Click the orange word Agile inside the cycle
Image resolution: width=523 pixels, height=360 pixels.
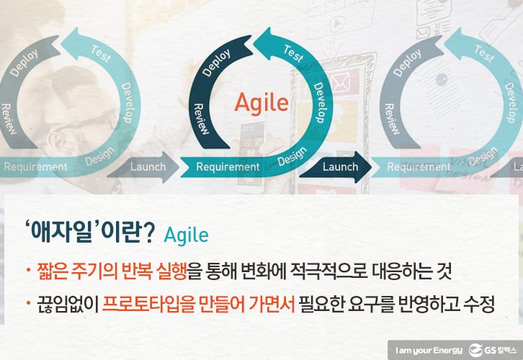coord(261,102)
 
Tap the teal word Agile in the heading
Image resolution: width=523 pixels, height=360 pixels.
coord(186,235)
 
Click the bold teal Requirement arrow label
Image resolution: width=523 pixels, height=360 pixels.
coord(228,167)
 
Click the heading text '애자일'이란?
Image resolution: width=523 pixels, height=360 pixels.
coord(90,234)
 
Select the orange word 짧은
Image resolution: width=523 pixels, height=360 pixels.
coord(51,272)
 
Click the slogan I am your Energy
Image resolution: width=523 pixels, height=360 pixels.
coord(425,346)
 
